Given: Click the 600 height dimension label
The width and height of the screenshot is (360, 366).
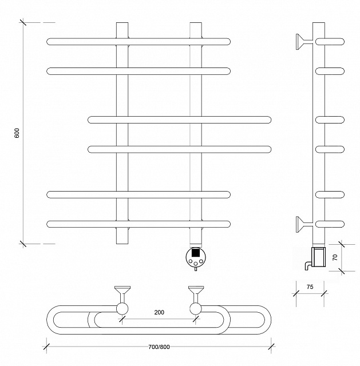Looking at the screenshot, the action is [x=17, y=133].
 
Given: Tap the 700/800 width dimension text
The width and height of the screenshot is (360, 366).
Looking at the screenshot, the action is [x=159, y=347].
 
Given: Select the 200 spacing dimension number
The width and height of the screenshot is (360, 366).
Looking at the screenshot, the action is [x=159, y=312].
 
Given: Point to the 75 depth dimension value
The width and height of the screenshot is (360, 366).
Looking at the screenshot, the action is [x=310, y=287].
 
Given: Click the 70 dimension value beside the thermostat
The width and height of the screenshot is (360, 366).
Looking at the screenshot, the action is [x=335, y=257].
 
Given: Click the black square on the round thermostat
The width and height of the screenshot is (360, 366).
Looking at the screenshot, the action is [x=196, y=253].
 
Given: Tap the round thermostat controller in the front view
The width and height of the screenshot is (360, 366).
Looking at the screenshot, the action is [x=196, y=257].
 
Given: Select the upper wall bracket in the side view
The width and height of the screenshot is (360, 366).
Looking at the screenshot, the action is [x=304, y=42].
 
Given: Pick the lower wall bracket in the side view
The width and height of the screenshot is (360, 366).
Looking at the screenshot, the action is [x=304, y=224].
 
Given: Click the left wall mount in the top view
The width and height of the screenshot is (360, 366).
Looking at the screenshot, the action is [x=122, y=294].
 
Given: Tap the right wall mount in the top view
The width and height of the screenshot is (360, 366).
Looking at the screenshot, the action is [x=196, y=294].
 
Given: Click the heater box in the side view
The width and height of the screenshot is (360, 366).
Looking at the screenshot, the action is [x=318, y=257].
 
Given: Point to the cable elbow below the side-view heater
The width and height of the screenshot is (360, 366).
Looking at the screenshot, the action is [x=308, y=266].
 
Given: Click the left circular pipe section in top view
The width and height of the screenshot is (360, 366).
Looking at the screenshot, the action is [x=122, y=309].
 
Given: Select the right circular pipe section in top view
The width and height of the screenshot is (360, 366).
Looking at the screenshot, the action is [x=196, y=309].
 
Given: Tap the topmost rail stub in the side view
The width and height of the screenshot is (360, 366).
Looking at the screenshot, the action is [x=330, y=42].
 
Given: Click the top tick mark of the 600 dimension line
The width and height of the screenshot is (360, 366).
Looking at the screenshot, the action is [x=23, y=22].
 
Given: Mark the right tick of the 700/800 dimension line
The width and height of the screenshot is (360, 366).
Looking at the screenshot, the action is [x=271, y=346].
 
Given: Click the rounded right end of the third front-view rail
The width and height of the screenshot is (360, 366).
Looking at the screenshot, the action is [x=268, y=120].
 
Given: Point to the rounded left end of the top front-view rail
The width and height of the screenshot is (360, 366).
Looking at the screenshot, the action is [x=50, y=42].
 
